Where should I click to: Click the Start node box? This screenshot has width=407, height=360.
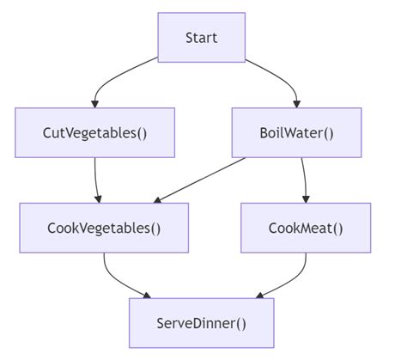[201, 38]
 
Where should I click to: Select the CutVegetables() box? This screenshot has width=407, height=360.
[94, 132]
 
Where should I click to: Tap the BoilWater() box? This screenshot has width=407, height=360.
[297, 132]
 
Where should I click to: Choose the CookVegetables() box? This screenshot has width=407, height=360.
[104, 228]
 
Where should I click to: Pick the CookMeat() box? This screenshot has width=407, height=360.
[306, 228]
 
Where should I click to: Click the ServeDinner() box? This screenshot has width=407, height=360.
[201, 323]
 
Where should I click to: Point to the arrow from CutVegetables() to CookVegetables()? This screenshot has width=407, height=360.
[96, 179]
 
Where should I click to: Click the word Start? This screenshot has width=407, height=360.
[201, 38]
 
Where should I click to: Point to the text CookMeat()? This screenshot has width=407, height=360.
[306, 228]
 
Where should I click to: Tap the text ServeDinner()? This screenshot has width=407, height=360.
[201, 323]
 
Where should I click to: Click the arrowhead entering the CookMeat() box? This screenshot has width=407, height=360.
[306, 198]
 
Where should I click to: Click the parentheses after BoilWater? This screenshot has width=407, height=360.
[327, 132]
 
